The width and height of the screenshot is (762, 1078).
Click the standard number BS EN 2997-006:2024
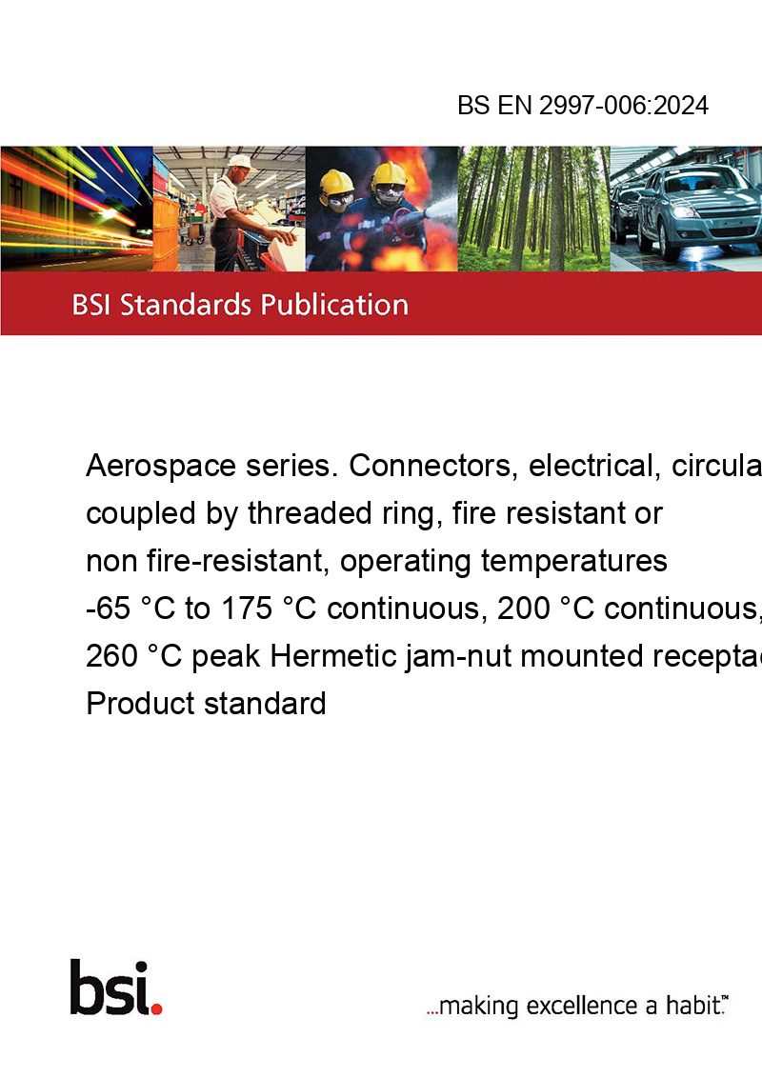point(583,105)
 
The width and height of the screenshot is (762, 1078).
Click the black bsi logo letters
point(110,988)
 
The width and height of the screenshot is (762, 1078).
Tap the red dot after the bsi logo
point(156,1008)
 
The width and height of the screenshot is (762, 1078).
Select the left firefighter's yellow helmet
point(337,181)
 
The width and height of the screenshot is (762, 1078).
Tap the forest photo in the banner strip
point(533,209)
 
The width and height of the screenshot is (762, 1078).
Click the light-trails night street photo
point(76,209)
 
